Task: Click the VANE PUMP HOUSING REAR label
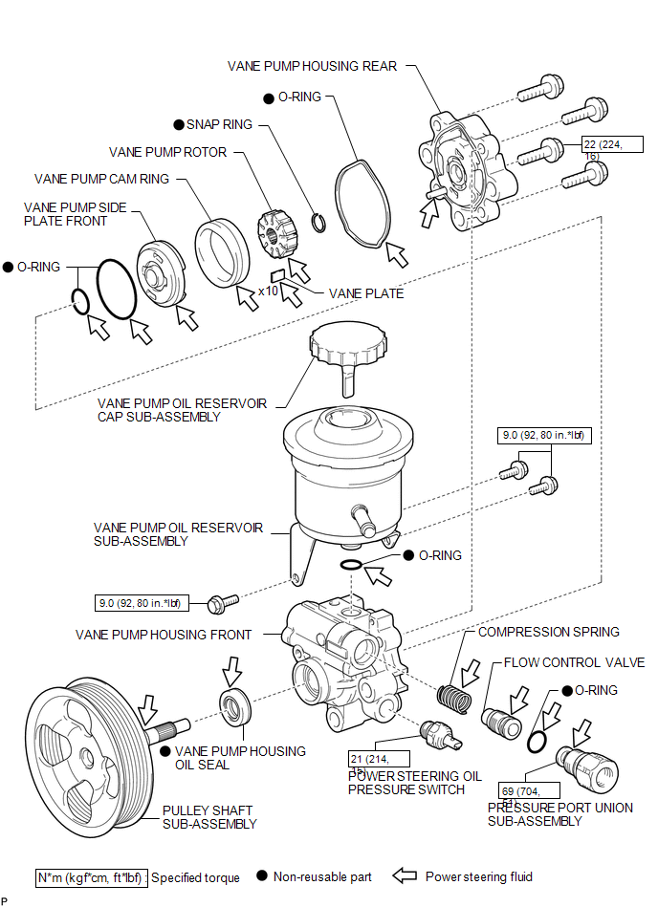pyautogui.click(x=312, y=66)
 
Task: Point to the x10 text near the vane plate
pyautogui.click(x=270, y=292)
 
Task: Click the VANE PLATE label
pyautogui.click(x=366, y=293)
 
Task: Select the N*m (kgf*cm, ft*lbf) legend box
pyautogui.click(x=91, y=876)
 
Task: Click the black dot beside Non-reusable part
pyautogui.click(x=261, y=876)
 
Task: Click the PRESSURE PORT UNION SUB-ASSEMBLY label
pyautogui.click(x=559, y=814)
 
